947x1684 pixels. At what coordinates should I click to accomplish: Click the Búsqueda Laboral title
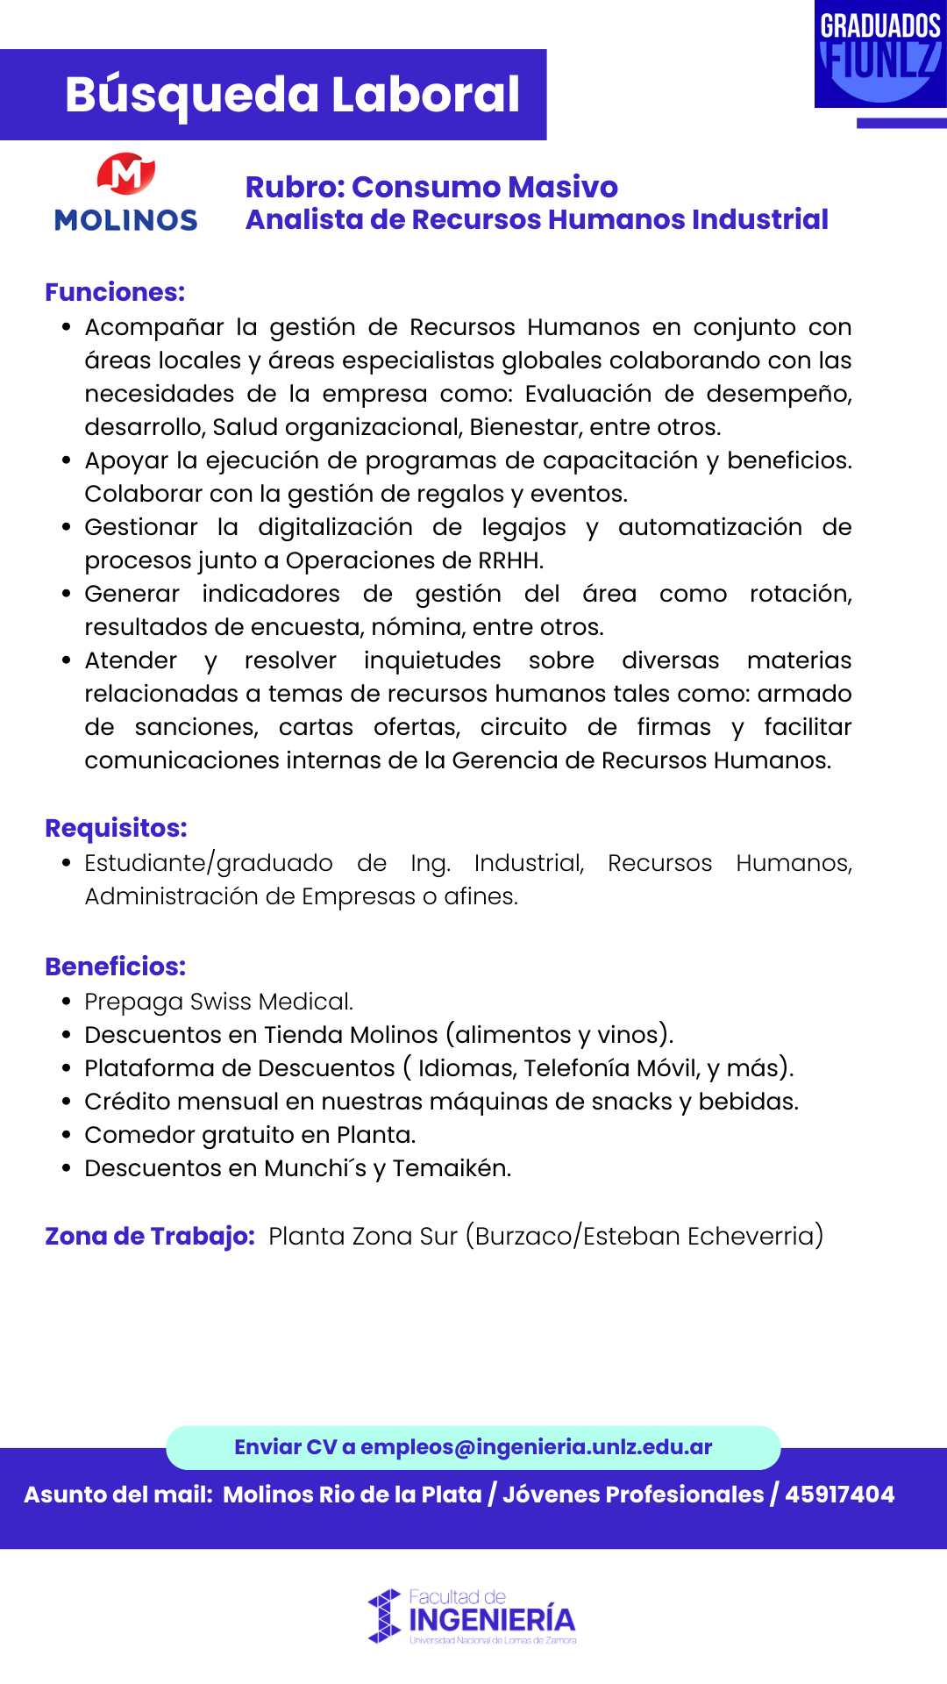pyautogui.click(x=292, y=95)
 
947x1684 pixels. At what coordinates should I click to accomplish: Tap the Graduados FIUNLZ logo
pyautogui.click(x=880, y=54)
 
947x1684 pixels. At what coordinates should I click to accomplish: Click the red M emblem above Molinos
pyautogui.click(x=126, y=174)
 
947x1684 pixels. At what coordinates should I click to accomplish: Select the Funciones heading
pyautogui.click(x=115, y=292)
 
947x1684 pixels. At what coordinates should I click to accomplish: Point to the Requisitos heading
pyautogui.click(x=116, y=828)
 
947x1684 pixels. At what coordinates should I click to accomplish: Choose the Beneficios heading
pyautogui.click(x=115, y=967)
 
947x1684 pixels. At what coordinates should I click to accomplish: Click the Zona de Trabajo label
pyautogui.click(x=149, y=1236)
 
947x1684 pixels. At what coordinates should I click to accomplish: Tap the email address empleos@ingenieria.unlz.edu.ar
pyautogui.click(x=536, y=1447)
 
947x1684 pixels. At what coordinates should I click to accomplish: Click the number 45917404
pyautogui.click(x=839, y=1495)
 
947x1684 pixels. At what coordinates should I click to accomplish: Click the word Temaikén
pyautogui.click(x=451, y=1168)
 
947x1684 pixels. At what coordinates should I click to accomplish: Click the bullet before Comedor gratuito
pyautogui.click(x=67, y=1135)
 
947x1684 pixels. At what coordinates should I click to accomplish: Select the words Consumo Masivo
pyautogui.click(x=484, y=187)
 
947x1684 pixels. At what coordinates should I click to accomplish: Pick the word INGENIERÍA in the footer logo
pyautogui.click(x=492, y=1620)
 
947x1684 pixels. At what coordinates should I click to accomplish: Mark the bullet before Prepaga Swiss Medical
pyautogui.click(x=67, y=1002)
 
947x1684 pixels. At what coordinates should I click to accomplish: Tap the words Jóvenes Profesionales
pyautogui.click(x=633, y=1495)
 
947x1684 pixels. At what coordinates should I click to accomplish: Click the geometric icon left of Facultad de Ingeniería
pyautogui.click(x=384, y=1616)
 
